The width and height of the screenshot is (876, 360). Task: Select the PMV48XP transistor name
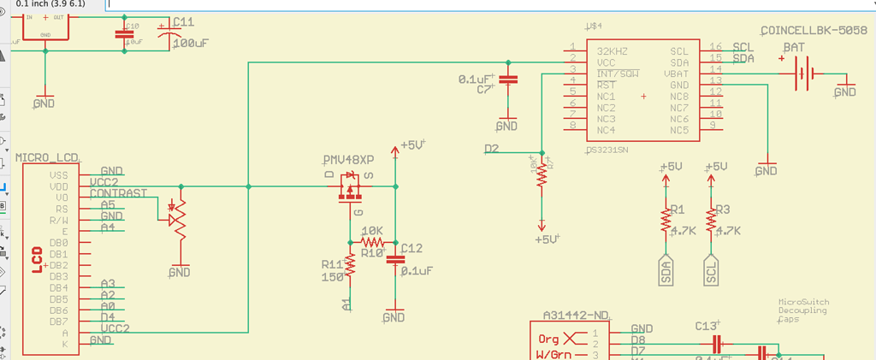(347, 161)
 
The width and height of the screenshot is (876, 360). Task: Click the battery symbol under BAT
(802, 74)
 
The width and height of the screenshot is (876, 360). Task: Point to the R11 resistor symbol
(350, 266)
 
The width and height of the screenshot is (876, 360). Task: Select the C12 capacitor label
(411, 248)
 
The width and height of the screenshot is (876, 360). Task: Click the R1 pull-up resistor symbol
(665, 221)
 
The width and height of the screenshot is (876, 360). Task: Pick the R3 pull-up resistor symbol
(709, 221)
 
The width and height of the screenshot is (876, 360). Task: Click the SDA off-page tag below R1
(666, 271)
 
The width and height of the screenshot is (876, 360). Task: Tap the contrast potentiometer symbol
(178, 215)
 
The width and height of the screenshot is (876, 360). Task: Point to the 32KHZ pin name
(613, 51)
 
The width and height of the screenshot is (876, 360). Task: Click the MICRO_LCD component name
(47, 158)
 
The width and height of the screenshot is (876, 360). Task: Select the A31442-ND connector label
(576, 314)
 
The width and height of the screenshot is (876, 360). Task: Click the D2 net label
(491, 149)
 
